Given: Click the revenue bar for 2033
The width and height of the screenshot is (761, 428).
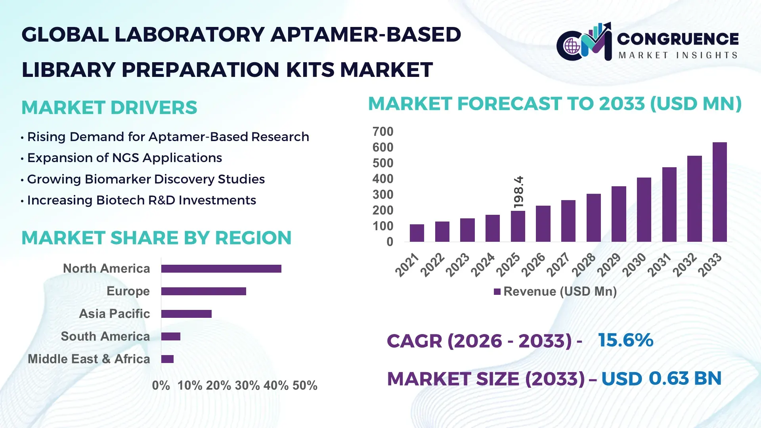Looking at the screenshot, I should click(x=719, y=192).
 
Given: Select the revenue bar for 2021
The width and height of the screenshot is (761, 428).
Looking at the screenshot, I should click(x=417, y=233).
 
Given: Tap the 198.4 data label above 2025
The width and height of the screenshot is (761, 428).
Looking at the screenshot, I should click(x=518, y=192).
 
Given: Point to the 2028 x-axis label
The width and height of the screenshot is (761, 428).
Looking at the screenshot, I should click(x=584, y=265).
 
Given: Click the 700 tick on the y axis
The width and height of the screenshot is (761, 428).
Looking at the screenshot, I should click(x=382, y=132).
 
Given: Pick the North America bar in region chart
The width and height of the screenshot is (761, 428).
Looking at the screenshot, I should click(x=221, y=269).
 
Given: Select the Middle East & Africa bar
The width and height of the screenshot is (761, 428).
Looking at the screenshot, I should click(x=167, y=359).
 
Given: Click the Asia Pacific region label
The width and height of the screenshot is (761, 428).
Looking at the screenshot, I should click(x=114, y=314).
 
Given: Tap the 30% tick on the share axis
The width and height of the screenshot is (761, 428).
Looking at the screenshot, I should click(x=247, y=386).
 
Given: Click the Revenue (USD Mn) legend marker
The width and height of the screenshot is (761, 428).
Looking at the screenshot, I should click(x=497, y=292).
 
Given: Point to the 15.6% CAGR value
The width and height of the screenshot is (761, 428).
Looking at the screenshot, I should click(x=625, y=340).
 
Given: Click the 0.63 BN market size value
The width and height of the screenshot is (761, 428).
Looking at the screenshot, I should click(x=685, y=378).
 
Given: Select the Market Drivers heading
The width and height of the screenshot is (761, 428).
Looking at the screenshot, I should click(x=109, y=108).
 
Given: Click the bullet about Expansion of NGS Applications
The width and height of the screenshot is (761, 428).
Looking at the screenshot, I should click(x=124, y=158).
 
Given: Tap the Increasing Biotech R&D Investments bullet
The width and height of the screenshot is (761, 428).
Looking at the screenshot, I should click(x=141, y=201).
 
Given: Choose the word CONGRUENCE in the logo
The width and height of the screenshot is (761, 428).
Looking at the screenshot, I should click(x=678, y=39).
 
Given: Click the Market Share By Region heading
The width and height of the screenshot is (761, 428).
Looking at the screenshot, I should click(x=156, y=238).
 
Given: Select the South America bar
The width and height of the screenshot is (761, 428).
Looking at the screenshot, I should click(x=171, y=336).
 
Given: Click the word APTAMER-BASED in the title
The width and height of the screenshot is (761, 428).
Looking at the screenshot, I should click(x=366, y=35).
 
